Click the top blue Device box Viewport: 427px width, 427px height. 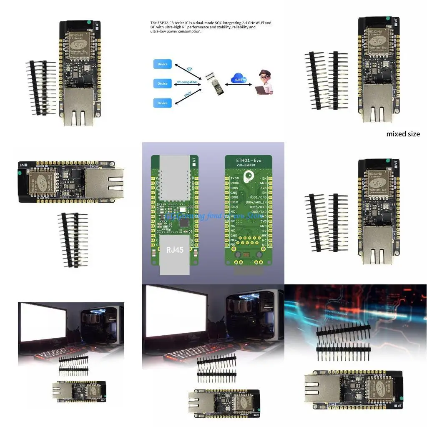pos(163,64)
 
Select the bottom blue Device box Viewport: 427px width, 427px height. pos(163,103)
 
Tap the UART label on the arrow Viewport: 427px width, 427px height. pos(188,95)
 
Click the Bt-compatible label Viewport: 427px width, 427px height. pos(184,82)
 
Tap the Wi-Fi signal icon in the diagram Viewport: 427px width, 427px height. pos(189,69)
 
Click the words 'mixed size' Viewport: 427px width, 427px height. pos(403,134)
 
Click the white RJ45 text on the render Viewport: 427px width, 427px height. pos(173,250)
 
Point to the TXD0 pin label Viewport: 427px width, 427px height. pos(235,178)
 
